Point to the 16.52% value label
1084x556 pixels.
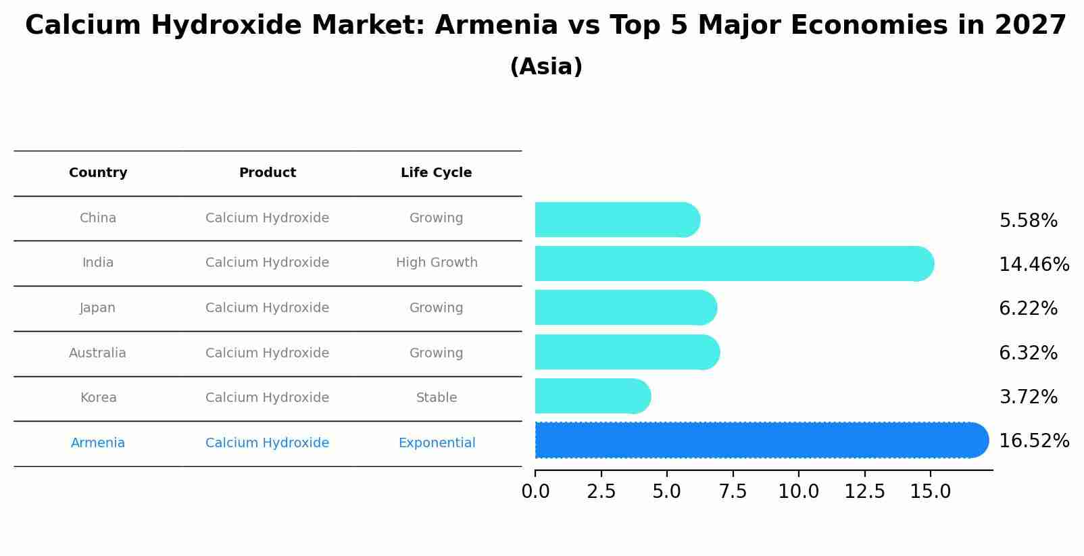1033,441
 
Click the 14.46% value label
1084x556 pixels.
1033,264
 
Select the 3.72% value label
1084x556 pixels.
1028,397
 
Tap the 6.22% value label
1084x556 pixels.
1028,309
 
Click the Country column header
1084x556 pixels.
98,173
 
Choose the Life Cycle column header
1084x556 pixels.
436,173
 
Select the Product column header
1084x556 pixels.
267,173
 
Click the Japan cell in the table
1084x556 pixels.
98,308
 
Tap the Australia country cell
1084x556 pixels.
98,353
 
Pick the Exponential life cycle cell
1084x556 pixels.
437,443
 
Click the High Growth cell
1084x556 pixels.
437,263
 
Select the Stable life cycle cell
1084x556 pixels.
437,398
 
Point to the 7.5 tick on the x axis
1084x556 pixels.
733,492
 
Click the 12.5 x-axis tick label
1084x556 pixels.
864,492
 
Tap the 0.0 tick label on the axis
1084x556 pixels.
535,492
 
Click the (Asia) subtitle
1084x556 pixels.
546,67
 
